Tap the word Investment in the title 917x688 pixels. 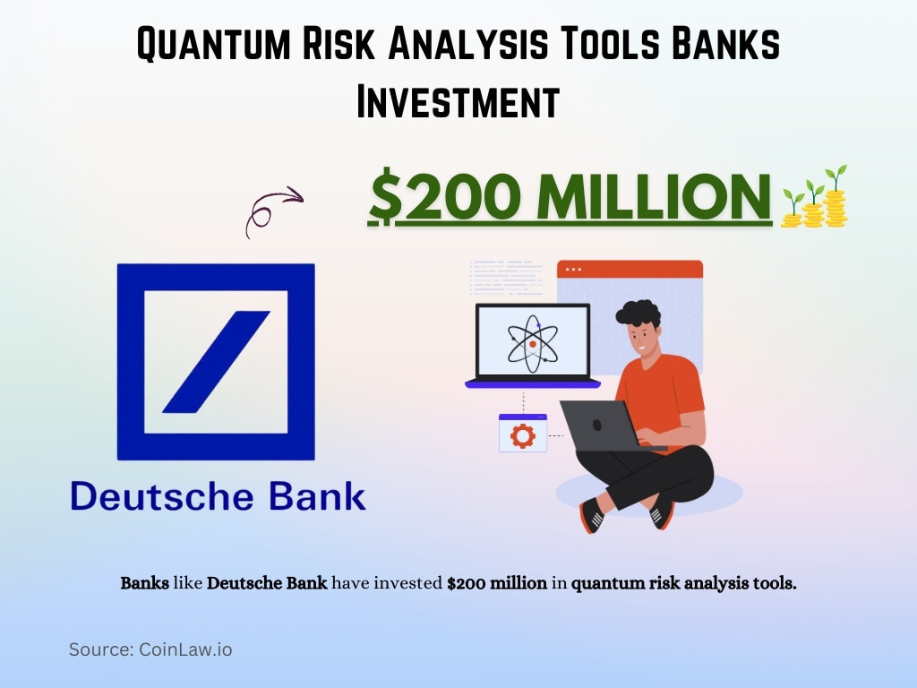point(458,101)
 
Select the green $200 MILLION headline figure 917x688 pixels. point(570,196)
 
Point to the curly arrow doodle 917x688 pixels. point(272,210)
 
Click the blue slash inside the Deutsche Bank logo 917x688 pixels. point(216,361)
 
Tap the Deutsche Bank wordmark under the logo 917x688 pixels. point(218,495)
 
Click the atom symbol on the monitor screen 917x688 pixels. point(532,342)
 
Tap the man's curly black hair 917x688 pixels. point(638,314)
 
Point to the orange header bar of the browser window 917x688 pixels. point(630,269)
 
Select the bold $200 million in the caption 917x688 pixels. point(497,583)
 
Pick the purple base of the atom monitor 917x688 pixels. point(532,383)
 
